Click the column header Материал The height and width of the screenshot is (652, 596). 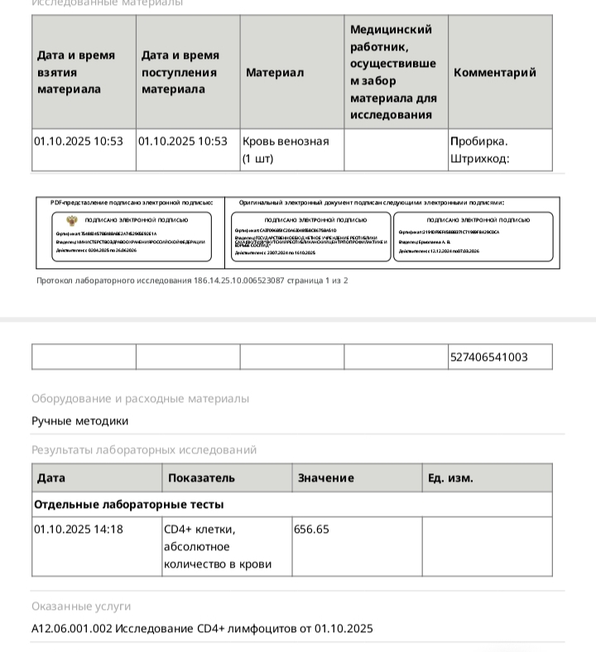(275, 73)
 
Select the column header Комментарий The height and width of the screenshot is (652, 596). (494, 73)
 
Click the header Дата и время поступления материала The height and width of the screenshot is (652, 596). (180, 72)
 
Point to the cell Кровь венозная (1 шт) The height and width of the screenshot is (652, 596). (286, 150)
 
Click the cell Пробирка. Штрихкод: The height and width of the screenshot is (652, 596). (480, 150)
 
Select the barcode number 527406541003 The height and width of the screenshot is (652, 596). (488, 357)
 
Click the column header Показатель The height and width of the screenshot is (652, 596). (201, 478)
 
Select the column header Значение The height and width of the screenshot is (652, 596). (325, 478)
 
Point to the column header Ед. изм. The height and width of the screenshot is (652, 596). (450, 478)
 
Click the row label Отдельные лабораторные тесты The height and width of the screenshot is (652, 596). (129, 504)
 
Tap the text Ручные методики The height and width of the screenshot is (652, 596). (80, 420)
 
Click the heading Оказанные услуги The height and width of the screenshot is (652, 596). (81, 606)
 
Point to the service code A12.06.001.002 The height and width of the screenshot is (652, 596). (71, 629)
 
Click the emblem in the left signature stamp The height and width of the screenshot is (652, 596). (72, 220)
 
